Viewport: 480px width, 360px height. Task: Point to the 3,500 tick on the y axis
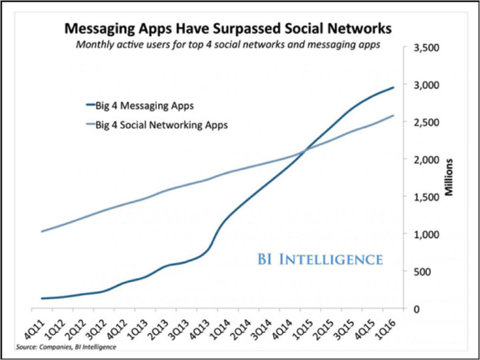425,47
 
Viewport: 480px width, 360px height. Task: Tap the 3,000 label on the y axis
425,85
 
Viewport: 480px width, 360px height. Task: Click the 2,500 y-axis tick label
425,122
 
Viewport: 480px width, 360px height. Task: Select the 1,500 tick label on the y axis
425,197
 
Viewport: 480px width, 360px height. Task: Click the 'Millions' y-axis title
449,178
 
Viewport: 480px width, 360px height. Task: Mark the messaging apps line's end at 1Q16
394,87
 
